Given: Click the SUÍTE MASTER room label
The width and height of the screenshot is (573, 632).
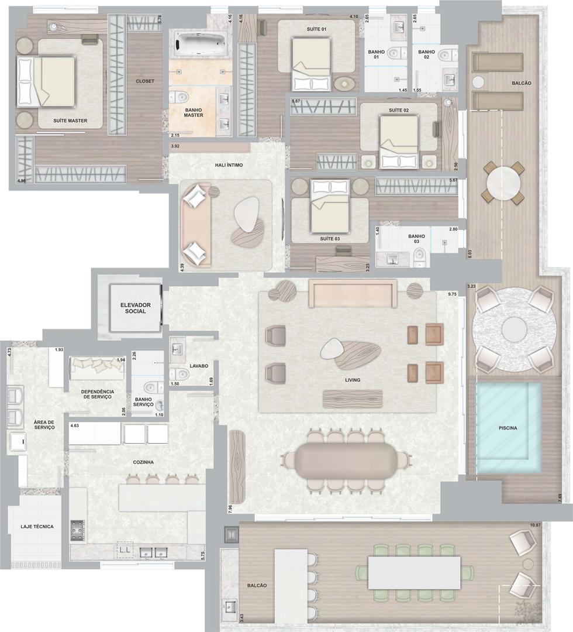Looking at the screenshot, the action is pyautogui.click(x=70, y=121).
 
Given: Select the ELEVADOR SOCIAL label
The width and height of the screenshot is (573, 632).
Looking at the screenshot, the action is pyautogui.click(x=135, y=308).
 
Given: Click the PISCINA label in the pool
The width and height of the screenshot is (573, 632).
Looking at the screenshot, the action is pyautogui.click(x=508, y=428).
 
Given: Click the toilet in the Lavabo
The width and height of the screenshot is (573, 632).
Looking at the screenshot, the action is pyautogui.click(x=179, y=375).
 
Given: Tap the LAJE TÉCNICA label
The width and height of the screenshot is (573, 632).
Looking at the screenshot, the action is pyautogui.click(x=37, y=527).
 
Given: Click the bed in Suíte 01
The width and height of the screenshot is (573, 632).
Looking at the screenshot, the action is pyautogui.click(x=311, y=64).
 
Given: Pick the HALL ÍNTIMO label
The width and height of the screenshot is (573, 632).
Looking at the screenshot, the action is pyautogui.click(x=229, y=165).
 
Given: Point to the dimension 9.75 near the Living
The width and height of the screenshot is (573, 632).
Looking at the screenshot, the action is pyautogui.click(x=452, y=294).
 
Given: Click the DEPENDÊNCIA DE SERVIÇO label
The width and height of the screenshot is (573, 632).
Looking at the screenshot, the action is pyautogui.click(x=98, y=394).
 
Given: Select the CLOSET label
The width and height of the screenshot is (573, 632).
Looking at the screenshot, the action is pyautogui.click(x=145, y=81).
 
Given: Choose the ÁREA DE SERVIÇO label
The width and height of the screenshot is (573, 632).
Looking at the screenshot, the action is pyautogui.click(x=44, y=425).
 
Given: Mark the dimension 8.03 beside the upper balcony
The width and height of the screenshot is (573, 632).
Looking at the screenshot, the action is pyautogui.click(x=469, y=253).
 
